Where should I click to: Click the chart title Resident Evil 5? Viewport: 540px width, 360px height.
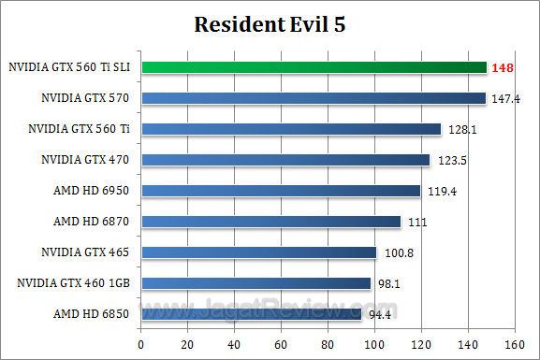[270, 23]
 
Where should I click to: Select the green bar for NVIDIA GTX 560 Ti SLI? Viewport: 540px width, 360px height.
[314, 67]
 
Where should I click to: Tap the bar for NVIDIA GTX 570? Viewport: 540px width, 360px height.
[313, 98]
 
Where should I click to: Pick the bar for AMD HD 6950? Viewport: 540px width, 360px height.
[281, 191]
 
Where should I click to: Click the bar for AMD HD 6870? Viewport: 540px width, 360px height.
[270, 222]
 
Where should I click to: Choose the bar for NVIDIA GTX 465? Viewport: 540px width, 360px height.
[258, 252]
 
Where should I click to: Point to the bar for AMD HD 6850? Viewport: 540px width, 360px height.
[251, 314]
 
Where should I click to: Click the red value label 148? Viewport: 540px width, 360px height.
[504, 67]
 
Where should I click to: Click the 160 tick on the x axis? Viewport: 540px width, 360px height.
[513, 343]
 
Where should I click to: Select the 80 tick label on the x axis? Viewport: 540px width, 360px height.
[327, 343]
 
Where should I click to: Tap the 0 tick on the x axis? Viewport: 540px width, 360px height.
[140, 343]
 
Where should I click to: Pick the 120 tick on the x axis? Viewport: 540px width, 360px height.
[420, 343]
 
